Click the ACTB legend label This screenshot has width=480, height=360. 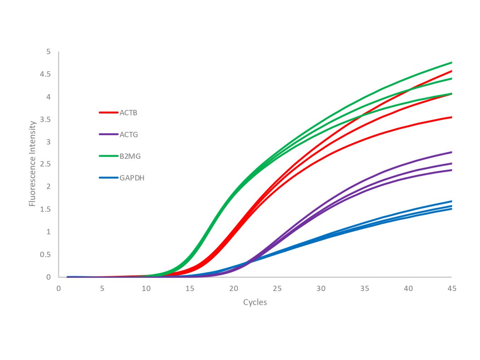[x=128, y=113]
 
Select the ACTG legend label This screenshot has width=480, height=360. [x=128, y=135]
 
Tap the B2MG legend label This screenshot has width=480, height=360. [x=130, y=156]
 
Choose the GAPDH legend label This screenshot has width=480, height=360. [x=132, y=178]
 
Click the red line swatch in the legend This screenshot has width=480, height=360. [x=108, y=113]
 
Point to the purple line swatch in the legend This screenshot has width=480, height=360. [x=108, y=135]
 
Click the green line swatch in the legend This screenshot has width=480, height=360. [x=108, y=156]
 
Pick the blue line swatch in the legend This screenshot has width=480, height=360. [x=108, y=178]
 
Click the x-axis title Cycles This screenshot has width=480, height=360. [x=255, y=302]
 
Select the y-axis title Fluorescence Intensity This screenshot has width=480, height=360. [x=33, y=164]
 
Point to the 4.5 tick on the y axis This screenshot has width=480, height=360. [x=45, y=74]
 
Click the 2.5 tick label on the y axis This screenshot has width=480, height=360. [x=45, y=164]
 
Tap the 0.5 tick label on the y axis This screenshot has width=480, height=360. [x=45, y=255]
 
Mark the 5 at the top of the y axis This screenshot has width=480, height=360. [x=48, y=52]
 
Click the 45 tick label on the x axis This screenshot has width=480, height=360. [x=452, y=289]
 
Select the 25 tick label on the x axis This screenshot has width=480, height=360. [x=277, y=289]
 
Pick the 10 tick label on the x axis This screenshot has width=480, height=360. [x=146, y=289]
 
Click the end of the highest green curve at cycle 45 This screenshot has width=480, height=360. [x=451, y=63]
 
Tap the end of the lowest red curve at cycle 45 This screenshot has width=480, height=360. [x=451, y=117]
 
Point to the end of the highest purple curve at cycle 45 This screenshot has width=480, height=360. [x=451, y=152]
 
